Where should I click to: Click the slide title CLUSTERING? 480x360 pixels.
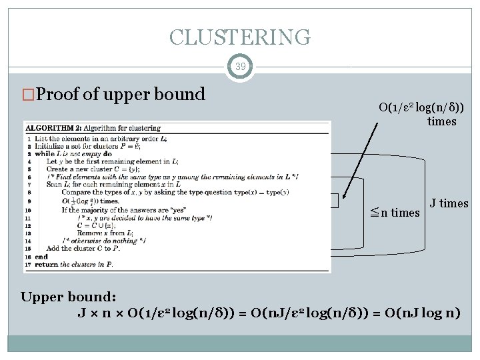[x=240, y=37]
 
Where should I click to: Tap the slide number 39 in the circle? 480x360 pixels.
[x=240, y=67]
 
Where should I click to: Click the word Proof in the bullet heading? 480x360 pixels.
[x=58, y=95]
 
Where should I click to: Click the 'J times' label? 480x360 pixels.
[x=449, y=204]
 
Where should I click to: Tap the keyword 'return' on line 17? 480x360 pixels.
[x=45, y=265]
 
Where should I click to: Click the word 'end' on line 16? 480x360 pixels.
[x=41, y=257]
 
